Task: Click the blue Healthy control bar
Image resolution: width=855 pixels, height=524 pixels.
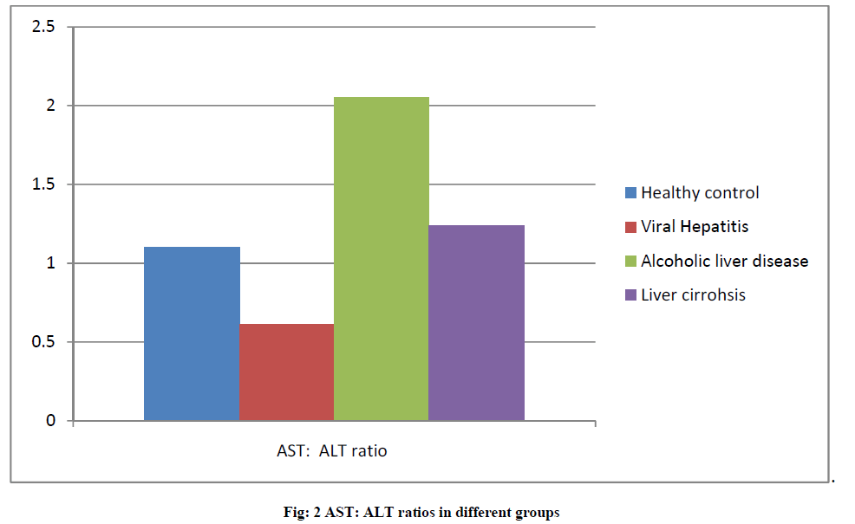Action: click(192, 333)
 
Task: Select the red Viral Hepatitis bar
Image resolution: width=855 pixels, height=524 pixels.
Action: click(286, 372)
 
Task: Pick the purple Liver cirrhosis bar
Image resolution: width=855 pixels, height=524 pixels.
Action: click(476, 322)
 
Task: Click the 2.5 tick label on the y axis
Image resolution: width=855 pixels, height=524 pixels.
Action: click(43, 27)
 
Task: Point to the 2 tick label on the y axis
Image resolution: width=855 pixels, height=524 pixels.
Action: click(50, 106)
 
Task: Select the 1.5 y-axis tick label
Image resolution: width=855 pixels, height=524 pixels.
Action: click(43, 184)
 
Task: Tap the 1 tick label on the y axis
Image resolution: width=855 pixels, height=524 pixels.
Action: click(50, 263)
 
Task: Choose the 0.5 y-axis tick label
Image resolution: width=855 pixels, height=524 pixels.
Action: click(43, 342)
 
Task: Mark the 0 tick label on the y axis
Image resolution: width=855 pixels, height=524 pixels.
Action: click(50, 421)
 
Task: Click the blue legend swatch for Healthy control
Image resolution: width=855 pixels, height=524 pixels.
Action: click(631, 193)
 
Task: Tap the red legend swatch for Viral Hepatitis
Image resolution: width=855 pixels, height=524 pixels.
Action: click(631, 227)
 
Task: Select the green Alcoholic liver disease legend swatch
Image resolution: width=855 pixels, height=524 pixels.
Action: click(631, 261)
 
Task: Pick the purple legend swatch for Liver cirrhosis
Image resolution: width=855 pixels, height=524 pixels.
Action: click(631, 294)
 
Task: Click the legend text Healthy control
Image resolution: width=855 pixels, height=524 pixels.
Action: click(700, 193)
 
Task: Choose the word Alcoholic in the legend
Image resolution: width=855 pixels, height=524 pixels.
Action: click(672, 261)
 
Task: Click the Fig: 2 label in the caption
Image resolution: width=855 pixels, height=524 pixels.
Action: click(302, 512)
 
